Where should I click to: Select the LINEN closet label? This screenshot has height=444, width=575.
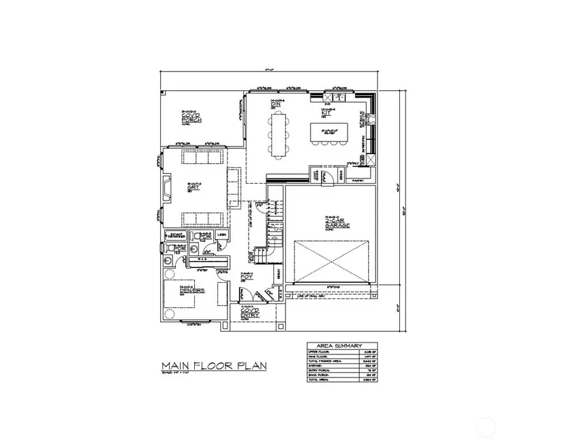click(222, 235)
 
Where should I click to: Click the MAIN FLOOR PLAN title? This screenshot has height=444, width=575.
click(213, 366)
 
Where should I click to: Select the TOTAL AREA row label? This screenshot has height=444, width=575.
click(318, 379)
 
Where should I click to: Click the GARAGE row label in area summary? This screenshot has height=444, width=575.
click(316, 366)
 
